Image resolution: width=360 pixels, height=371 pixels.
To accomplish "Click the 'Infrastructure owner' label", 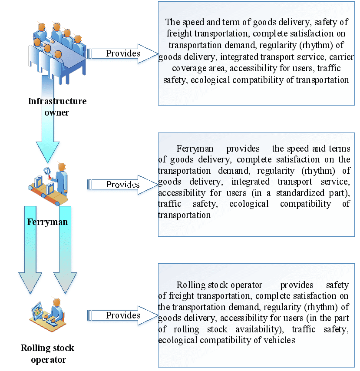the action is click(57, 107).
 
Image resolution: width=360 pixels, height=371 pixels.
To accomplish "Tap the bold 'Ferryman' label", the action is click(47, 222).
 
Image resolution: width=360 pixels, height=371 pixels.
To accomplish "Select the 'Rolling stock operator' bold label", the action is click(47, 354).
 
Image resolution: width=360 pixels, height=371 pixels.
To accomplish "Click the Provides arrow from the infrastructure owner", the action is click(122, 54).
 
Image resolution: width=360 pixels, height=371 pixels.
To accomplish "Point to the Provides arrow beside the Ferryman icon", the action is click(122, 185).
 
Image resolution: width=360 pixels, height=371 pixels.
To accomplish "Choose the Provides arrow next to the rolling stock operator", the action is click(122, 315).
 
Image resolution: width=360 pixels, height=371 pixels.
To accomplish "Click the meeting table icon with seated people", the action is click(57, 53).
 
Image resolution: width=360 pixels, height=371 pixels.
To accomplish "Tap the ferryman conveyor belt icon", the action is click(48, 184).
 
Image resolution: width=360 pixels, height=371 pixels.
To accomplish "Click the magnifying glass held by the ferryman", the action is click(47, 171).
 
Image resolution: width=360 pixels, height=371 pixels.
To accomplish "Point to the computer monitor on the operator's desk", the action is click(36, 311).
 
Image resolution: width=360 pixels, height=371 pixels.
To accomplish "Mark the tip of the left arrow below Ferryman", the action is click(30, 294).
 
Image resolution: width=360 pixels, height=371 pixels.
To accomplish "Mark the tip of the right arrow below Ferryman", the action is click(65, 294).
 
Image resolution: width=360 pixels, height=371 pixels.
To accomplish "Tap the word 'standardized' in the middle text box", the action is click(300, 193).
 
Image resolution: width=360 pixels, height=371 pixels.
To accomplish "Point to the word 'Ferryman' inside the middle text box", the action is click(195, 149).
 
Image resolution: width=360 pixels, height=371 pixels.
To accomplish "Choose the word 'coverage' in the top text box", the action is click(189, 68).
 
